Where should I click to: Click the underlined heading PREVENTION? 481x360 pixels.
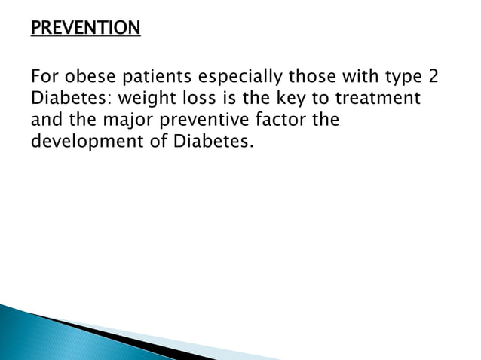pyautogui.click(x=85, y=29)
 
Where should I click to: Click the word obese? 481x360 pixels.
pyautogui.click(x=85, y=78)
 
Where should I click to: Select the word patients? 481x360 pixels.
pyautogui.click(x=155, y=78)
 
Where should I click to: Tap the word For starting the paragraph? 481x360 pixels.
pyautogui.click(x=42, y=78)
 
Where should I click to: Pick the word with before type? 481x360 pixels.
pyautogui.click(x=347, y=78)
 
